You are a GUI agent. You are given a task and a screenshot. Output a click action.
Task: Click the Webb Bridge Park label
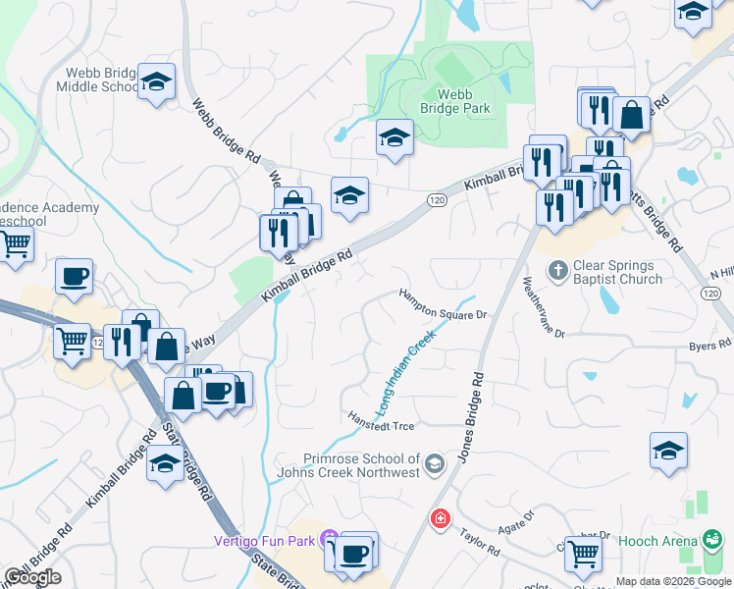click(463, 100)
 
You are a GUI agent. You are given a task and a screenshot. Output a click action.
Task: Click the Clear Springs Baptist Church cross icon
click(557, 268)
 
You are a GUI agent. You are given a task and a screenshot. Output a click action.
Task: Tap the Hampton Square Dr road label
click(443, 303)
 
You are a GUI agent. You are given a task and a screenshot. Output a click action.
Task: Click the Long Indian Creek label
click(404, 374)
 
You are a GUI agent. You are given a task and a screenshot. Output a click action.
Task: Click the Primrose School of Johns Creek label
click(361, 464)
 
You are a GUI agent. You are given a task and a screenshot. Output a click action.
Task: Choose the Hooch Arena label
click(657, 540)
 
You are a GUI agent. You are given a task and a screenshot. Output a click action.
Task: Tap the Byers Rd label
click(709, 345)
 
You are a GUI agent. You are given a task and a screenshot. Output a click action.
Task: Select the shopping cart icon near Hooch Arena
click(584, 555)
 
